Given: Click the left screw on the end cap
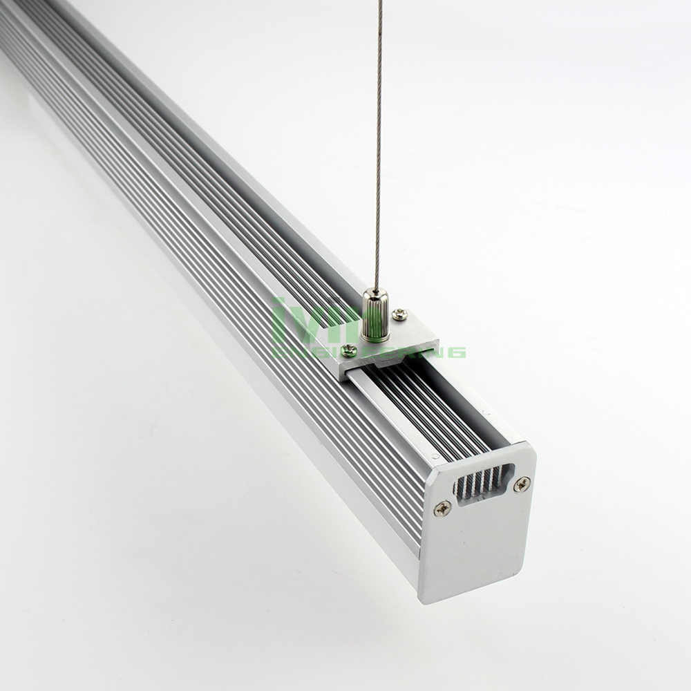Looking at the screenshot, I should point(442,509).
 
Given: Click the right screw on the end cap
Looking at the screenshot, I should point(522,484).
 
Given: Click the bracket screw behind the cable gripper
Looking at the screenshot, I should point(399,314).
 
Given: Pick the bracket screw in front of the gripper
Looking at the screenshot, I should point(349,350).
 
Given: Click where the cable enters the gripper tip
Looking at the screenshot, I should point(376,291).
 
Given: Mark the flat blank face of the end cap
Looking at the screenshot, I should point(477,546).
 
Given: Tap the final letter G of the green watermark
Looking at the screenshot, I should point(457,352).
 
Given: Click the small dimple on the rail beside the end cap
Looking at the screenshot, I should point(434,457).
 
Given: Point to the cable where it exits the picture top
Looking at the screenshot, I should point(379,3).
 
